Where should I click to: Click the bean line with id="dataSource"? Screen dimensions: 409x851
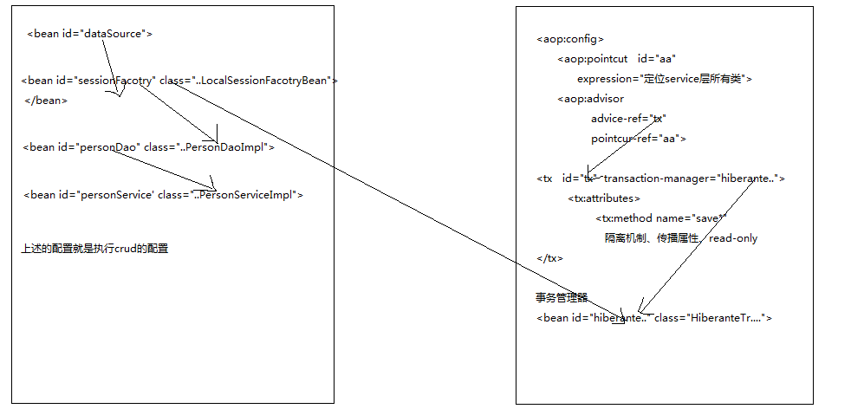click(90, 35)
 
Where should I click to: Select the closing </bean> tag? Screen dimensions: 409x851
click(46, 101)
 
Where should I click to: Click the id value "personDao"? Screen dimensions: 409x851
click(110, 147)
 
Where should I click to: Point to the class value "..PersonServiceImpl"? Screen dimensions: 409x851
click(246, 195)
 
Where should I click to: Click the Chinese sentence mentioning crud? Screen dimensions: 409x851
click(94, 249)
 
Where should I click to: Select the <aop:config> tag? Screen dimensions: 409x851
click(570, 39)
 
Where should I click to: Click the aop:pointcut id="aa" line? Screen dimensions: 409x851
click(616, 59)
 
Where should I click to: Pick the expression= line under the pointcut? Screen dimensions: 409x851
click(665, 79)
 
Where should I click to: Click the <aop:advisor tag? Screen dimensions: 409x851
click(590, 99)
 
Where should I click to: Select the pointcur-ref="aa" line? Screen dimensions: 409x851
click(639, 139)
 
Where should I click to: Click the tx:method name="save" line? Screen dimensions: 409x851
click(660, 218)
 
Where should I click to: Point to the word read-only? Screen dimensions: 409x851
click(733, 238)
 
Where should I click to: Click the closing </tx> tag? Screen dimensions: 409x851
click(550, 258)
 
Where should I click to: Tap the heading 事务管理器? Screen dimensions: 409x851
click(562, 298)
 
